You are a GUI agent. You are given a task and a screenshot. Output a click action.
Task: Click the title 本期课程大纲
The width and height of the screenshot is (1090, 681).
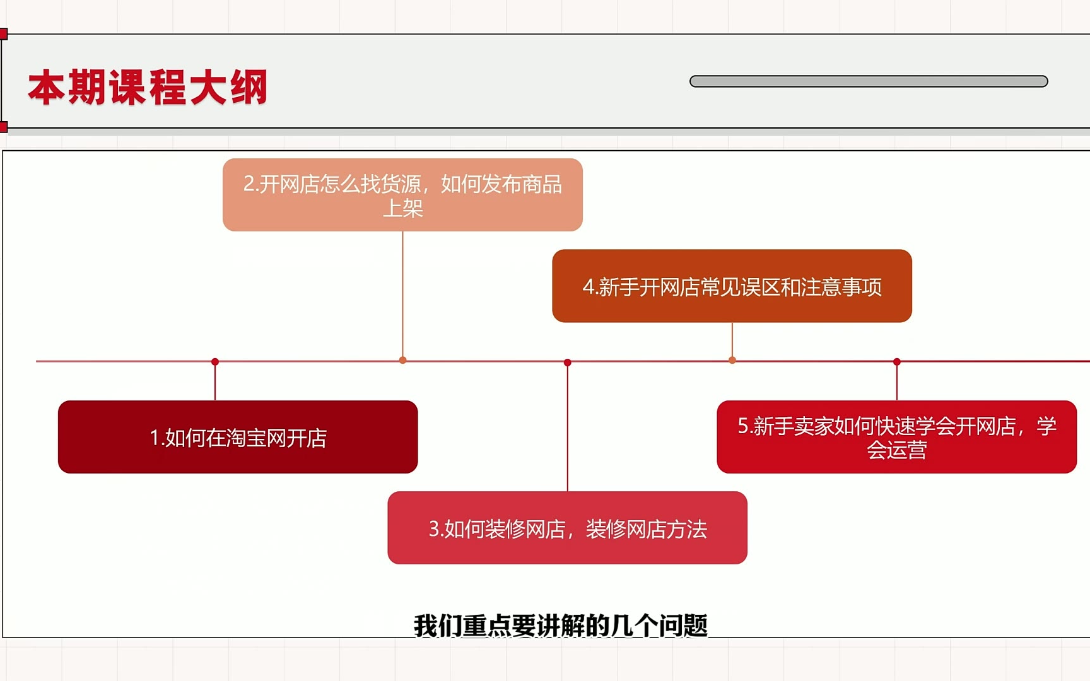pyautogui.click(x=148, y=87)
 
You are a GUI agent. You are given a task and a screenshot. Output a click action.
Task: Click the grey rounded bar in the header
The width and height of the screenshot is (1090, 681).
pyautogui.click(x=869, y=81)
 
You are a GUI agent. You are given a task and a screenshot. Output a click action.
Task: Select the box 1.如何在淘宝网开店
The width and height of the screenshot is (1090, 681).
pyautogui.click(x=238, y=437)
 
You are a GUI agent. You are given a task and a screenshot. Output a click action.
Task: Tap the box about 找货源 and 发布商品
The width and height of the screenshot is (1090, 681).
pyautogui.click(x=402, y=195)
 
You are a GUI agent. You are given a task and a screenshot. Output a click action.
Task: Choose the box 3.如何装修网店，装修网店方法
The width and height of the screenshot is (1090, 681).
pyautogui.click(x=568, y=528)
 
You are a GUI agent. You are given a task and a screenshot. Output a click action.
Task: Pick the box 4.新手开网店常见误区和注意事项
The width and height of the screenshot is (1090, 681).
pyautogui.click(x=732, y=286)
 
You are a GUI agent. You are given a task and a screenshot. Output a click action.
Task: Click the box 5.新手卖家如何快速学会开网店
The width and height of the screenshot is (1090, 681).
pyautogui.click(x=897, y=437)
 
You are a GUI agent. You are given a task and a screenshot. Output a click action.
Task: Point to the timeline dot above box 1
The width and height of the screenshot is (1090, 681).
pyautogui.click(x=215, y=362)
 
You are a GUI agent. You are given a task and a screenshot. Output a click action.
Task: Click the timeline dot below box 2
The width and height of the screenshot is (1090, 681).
pyautogui.click(x=403, y=360)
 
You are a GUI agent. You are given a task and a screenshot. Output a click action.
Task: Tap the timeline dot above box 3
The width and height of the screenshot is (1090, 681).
pyautogui.click(x=568, y=363)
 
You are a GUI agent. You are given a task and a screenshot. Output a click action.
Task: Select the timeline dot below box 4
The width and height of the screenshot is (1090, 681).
pyautogui.click(x=732, y=360)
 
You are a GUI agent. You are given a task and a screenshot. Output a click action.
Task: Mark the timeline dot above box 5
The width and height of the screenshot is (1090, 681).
pyautogui.click(x=897, y=362)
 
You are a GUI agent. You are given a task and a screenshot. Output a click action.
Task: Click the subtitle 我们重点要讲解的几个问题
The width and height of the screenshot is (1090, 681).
pyautogui.click(x=561, y=626)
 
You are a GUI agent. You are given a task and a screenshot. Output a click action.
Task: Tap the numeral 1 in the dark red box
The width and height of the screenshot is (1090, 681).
pyautogui.click(x=154, y=438)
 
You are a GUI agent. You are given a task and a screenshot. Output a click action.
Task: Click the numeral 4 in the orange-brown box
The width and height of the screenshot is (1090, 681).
pyautogui.click(x=589, y=287)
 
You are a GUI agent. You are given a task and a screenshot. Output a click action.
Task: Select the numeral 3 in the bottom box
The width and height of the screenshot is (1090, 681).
pyautogui.click(x=434, y=528)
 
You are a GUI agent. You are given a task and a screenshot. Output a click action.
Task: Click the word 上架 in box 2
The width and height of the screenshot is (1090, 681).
pyautogui.click(x=403, y=207)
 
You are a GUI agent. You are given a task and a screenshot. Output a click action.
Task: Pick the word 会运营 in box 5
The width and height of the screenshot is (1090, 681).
pyautogui.click(x=897, y=450)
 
